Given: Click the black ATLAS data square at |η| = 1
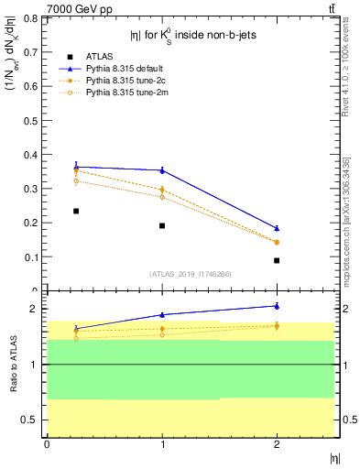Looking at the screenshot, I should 162,225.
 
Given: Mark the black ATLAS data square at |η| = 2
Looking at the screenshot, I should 277,260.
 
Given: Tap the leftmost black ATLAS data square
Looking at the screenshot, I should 76,211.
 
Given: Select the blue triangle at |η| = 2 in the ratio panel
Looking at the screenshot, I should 277,306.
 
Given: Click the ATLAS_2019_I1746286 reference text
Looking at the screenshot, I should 190,274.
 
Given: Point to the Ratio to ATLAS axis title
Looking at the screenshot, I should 13,365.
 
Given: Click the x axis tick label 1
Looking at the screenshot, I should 162,445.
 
